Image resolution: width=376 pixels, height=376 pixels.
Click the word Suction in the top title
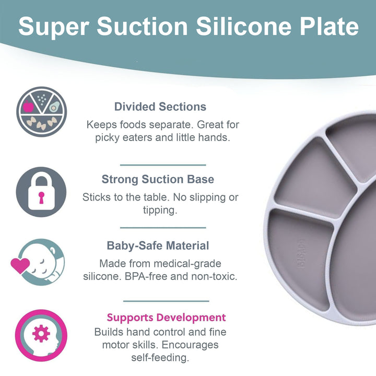(x=142, y=26)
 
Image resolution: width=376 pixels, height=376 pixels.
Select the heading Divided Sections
(x=160, y=107)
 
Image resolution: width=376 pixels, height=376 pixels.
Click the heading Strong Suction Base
(x=158, y=179)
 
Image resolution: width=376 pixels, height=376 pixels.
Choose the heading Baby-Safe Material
(x=158, y=245)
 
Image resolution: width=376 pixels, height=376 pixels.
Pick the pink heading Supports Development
(x=166, y=318)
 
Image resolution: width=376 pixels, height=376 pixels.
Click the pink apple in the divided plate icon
(x=28, y=106)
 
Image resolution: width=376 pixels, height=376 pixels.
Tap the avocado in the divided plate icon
(x=54, y=107)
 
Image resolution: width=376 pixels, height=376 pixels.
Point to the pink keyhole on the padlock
(x=41, y=198)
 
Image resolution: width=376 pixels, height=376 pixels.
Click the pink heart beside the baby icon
(x=20, y=265)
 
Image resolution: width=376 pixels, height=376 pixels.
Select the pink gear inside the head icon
(x=41, y=333)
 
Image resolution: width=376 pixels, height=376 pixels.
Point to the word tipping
(x=160, y=210)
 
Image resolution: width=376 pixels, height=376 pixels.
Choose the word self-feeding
(x=160, y=358)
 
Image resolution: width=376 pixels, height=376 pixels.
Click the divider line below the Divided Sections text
(x=163, y=165)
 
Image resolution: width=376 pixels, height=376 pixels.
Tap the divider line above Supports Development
(x=166, y=301)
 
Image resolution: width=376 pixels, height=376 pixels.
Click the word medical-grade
(x=187, y=264)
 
